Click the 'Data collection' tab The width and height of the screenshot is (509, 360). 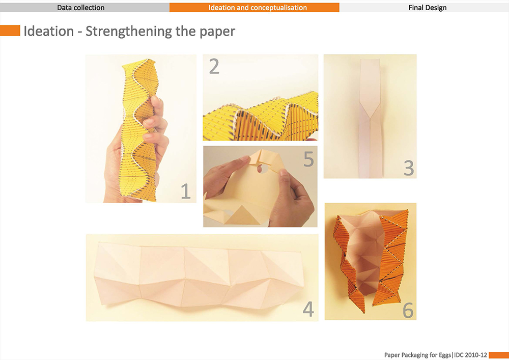tap(81, 8)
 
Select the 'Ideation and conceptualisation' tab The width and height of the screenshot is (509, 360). tap(254, 8)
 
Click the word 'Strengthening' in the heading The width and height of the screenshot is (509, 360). tap(129, 32)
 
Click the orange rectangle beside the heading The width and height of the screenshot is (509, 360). tap(10, 31)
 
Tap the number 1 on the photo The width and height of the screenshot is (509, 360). tap(185, 191)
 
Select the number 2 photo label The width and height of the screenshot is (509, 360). tap(214, 66)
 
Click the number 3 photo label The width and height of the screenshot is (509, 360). tap(409, 168)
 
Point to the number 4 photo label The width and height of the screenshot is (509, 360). tap(308, 309)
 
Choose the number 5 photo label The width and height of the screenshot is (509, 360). tap(308, 159)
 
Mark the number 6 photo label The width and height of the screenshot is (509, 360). tap(408, 310)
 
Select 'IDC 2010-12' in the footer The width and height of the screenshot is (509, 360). tap(470, 355)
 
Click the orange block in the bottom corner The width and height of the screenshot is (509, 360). tap(499, 355)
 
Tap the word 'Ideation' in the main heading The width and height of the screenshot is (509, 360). tap(49, 31)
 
